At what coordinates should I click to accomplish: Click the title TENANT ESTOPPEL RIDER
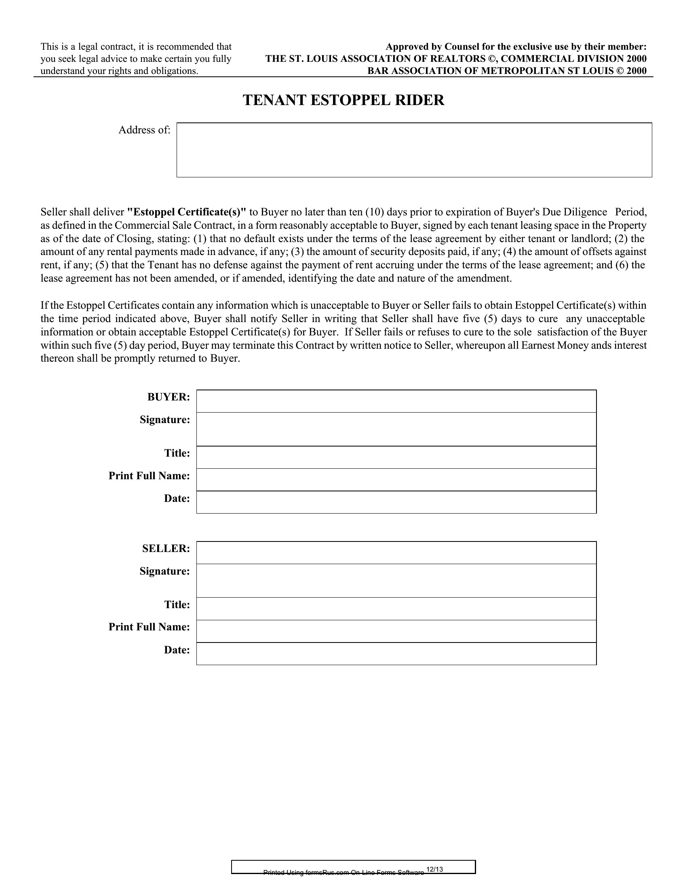coord(343,100)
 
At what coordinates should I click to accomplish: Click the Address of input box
coord(414,150)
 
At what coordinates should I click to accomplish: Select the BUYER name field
coord(396,401)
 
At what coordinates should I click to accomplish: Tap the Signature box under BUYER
coord(396,429)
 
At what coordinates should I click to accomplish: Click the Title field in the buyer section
coord(396,457)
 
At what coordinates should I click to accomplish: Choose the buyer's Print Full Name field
coord(396,480)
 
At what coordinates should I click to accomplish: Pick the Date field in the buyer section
coord(396,502)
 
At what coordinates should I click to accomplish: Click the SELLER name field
coord(396,552)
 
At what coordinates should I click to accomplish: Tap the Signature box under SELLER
coord(396,580)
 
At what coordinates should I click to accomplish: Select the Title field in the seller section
coord(396,609)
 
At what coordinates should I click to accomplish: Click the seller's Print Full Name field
coord(396,631)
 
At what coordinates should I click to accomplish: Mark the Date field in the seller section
coord(396,653)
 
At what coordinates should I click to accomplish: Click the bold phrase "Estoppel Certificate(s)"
coord(187,212)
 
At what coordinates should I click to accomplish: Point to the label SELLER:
coord(166,549)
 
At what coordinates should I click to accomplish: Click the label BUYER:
coord(169,397)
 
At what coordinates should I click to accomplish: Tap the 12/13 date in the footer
coord(434,870)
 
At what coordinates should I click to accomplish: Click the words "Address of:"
coord(145,130)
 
